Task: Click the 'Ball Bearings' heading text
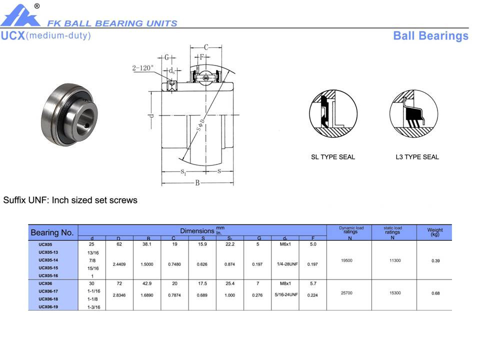(430, 36)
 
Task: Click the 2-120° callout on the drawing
(143, 68)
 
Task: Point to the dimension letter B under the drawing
(197, 183)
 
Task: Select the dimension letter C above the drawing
(205, 47)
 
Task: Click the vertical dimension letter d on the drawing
(150, 116)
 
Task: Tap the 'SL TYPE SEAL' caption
(333, 157)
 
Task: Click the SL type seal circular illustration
(333, 115)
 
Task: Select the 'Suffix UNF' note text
(70, 200)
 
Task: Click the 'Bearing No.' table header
(52, 232)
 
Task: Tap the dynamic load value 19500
(346, 260)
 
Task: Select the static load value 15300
(394, 293)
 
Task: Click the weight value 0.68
(435, 293)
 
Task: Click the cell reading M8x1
(285, 283)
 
